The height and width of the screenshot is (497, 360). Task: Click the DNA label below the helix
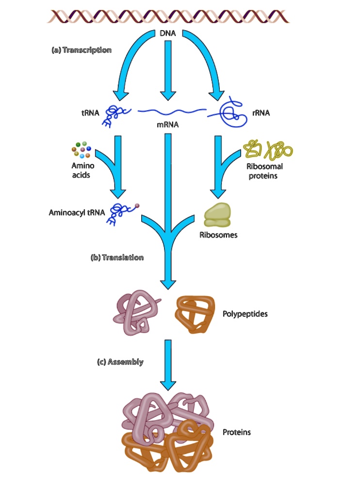click(x=167, y=33)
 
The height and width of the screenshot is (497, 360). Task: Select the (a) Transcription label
click(x=82, y=50)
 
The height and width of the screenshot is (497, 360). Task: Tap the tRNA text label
click(x=90, y=113)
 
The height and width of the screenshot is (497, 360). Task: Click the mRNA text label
click(x=167, y=125)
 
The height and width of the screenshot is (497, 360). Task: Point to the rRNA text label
click(x=261, y=113)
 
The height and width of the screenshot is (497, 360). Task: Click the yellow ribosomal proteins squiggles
click(x=268, y=149)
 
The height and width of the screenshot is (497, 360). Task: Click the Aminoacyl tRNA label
click(x=77, y=212)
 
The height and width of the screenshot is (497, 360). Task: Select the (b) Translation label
click(x=117, y=257)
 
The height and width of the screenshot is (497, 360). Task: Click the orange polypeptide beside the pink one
click(x=194, y=314)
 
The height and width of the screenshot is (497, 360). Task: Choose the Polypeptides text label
click(x=245, y=314)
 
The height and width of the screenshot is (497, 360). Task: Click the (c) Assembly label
click(x=119, y=362)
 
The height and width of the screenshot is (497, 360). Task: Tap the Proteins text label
click(x=237, y=431)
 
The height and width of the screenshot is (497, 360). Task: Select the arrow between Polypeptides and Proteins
click(x=168, y=364)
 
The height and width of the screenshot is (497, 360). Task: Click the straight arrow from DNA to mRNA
click(x=167, y=68)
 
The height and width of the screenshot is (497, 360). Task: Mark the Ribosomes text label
click(x=218, y=235)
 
